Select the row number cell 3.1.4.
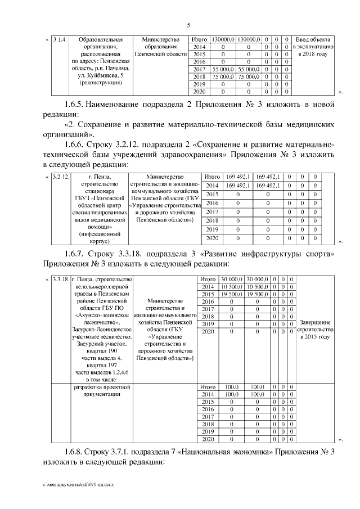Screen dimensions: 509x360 coord(59,40)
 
